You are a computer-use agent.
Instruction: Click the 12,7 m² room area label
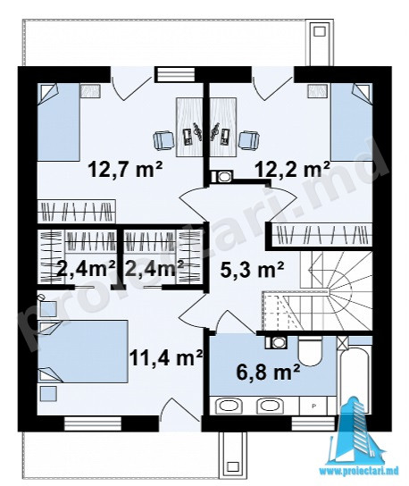click(x=125, y=169)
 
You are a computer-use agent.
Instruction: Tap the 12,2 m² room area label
click(x=292, y=169)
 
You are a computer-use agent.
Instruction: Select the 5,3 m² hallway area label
click(x=252, y=269)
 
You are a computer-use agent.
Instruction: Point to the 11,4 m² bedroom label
click(x=166, y=357)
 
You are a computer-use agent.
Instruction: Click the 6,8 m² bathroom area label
click(x=268, y=372)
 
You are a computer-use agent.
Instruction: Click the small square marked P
click(x=313, y=405)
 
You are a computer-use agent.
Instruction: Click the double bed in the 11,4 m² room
click(x=83, y=351)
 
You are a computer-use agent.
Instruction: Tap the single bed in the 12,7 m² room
click(x=59, y=121)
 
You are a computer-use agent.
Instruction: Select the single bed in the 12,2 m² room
click(x=352, y=121)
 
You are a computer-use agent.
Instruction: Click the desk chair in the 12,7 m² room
click(x=163, y=141)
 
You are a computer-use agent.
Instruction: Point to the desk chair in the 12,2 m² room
click(x=249, y=141)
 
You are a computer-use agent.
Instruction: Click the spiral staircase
click(x=336, y=291)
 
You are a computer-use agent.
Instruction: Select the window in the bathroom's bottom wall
click(x=313, y=423)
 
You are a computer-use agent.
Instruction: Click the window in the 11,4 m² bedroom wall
click(x=93, y=423)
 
